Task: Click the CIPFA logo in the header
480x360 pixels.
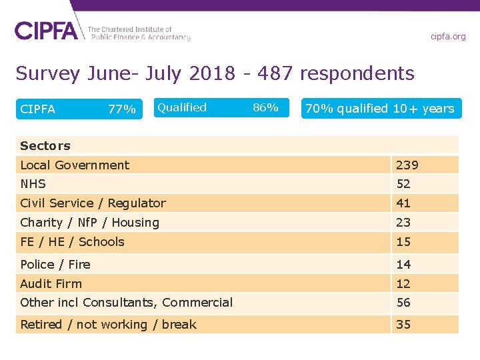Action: [x=47, y=30]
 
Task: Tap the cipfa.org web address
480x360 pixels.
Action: [x=448, y=36]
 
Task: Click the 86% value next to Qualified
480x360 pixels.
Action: [x=266, y=107]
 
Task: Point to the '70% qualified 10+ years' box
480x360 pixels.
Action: [x=380, y=109]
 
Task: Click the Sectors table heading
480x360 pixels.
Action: [x=45, y=146]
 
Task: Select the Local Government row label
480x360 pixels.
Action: [x=75, y=165]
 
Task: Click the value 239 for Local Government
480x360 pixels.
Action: [x=407, y=165]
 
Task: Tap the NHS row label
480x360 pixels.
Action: [x=33, y=184]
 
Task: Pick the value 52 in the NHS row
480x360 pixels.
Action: [x=403, y=184]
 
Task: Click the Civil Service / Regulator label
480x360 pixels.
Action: [x=93, y=203]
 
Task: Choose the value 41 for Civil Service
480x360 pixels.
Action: [x=403, y=203]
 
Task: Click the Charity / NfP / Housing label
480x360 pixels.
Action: [x=89, y=223]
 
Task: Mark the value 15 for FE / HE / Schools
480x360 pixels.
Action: [x=403, y=242]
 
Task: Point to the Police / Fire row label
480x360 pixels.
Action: [x=55, y=265]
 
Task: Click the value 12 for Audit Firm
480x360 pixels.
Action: [x=403, y=284]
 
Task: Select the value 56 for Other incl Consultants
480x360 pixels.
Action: [x=403, y=303]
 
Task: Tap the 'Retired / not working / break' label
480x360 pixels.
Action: [x=108, y=325]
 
